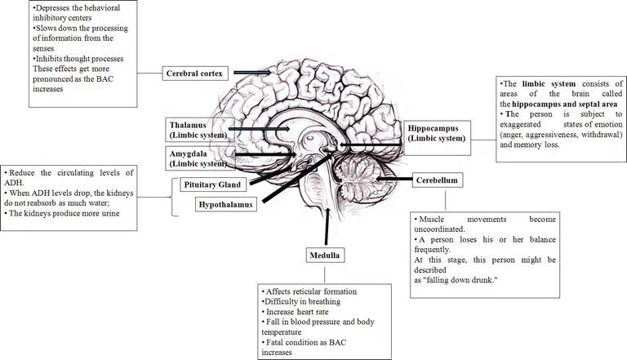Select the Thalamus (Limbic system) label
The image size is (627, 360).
(196, 127)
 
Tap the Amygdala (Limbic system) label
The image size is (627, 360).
(196, 158)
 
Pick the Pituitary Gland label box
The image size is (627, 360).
(211, 184)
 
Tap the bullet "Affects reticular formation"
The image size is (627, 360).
(309, 291)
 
